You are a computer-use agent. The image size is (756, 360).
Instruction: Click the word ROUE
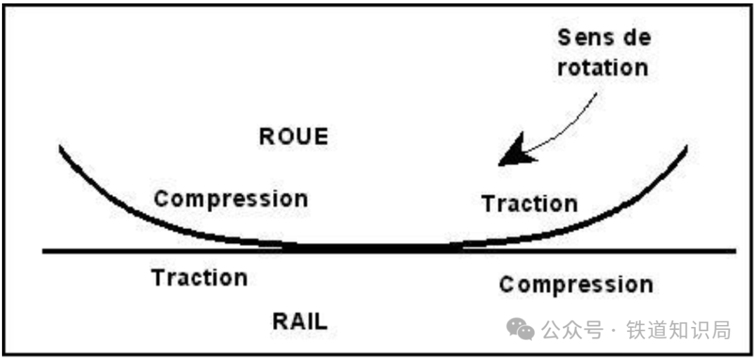tap(293, 137)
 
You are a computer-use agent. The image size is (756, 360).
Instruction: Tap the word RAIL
tap(299, 321)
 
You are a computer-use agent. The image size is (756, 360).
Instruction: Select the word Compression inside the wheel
tap(230, 199)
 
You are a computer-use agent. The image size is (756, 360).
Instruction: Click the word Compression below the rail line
tap(575, 284)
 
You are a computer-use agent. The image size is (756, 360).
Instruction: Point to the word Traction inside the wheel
tap(529, 204)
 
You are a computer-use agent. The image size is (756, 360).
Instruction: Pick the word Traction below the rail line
tap(199, 278)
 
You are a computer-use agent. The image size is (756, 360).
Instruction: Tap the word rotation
tap(603, 68)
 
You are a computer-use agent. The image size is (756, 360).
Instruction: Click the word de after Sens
tap(634, 38)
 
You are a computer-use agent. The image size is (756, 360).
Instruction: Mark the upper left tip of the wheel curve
tap(61, 147)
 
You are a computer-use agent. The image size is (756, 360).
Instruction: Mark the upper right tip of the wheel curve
tap(686, 147)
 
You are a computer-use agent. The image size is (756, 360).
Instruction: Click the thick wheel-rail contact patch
tap(371, 248)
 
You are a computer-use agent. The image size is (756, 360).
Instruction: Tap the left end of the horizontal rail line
tap(45, 251)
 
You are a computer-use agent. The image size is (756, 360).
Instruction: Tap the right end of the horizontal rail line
tap(735, 251)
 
